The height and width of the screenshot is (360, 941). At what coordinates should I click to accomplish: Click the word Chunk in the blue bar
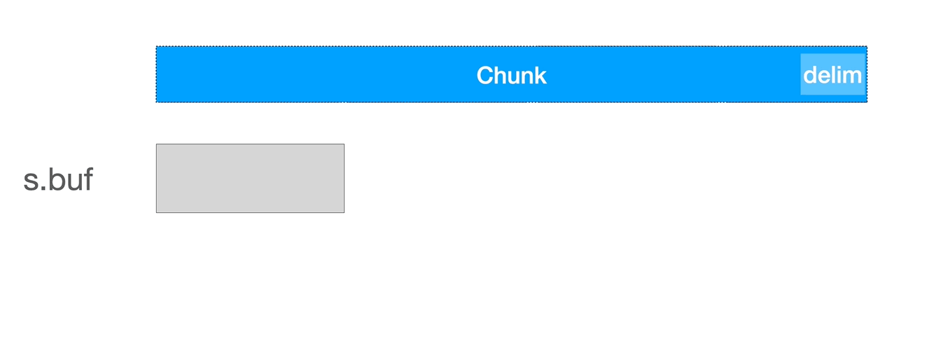(511, 75)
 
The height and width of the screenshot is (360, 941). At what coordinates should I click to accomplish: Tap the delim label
(832, 74)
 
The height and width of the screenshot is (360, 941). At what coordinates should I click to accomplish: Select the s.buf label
(58, 179)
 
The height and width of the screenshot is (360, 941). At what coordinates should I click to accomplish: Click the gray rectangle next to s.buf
(250, 178)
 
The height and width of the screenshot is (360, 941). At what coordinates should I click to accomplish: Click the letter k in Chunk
(540, 75)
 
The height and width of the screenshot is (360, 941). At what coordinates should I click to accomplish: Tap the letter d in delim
(810, 74)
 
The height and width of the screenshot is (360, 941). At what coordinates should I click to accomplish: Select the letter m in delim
(853, 75)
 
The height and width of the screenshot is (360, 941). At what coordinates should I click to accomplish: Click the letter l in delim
(833, 74)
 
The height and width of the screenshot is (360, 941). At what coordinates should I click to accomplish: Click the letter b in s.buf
(55, 179)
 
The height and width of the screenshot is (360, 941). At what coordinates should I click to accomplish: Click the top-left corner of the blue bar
(156, 47)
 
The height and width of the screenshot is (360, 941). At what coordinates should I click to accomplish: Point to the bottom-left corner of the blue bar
(156, 102)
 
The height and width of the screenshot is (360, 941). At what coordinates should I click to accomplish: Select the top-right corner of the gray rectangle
(344, 144)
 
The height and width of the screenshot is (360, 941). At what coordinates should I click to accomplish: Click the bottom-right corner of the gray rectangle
(344, 212)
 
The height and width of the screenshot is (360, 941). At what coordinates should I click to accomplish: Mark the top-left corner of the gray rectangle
(156, 144)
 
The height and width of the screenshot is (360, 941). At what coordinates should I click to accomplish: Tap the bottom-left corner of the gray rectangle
(156, 212)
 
